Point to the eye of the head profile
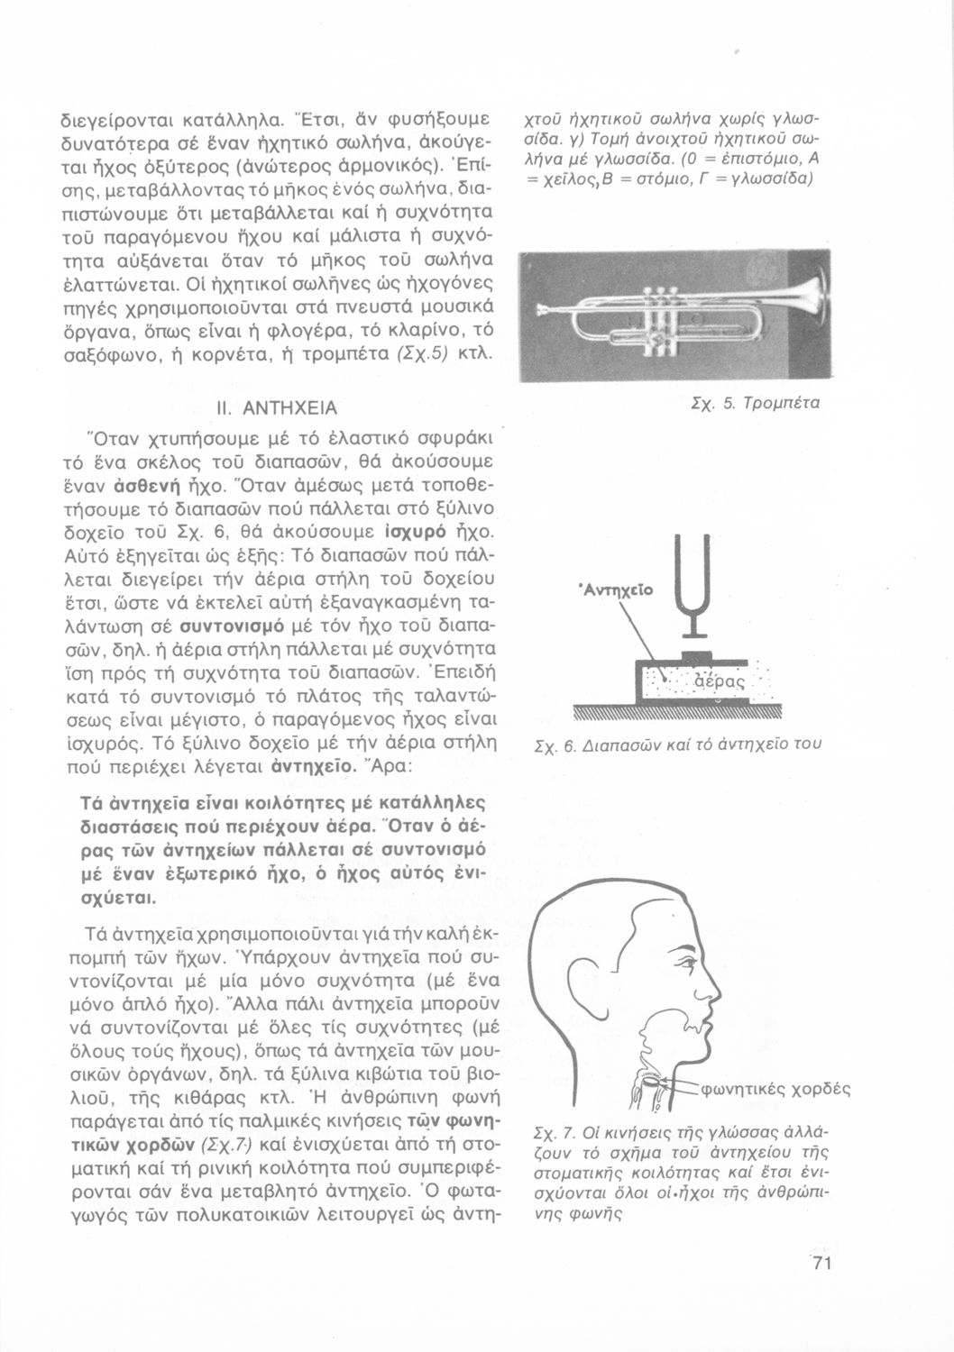[x=678, y=942]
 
